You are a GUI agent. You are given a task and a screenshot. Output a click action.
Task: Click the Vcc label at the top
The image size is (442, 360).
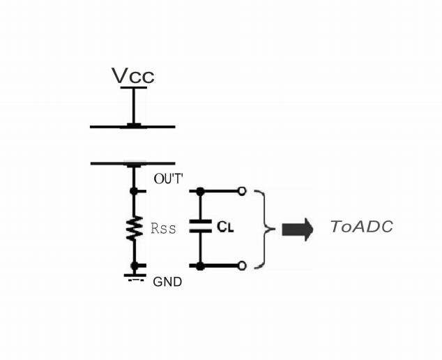(132, 75)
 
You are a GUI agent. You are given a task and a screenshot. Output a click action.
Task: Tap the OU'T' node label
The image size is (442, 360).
(168, 179)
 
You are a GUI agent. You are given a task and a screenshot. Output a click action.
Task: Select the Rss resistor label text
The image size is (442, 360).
(163, 228)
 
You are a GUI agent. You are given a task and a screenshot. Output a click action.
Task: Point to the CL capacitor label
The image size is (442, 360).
(224, 227)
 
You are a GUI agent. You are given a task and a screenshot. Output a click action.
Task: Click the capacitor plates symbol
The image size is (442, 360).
(200, 227)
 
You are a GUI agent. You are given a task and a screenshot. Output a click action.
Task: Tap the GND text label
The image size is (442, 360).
(167, 283)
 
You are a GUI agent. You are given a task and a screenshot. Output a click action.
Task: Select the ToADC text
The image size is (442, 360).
(361, 227)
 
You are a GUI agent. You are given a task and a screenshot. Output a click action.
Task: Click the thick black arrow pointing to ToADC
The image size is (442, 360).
(297, 229)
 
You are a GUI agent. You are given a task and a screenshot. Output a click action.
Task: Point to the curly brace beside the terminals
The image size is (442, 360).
(263, 228)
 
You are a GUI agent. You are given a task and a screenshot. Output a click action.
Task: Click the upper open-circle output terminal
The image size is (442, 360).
(241, 190)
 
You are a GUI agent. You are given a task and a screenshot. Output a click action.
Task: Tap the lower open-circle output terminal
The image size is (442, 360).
(241, 266)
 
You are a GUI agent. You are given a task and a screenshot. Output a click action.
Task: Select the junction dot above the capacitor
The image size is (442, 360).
(200, 190)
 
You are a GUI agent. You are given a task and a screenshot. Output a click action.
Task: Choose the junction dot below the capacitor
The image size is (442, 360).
(200, 266)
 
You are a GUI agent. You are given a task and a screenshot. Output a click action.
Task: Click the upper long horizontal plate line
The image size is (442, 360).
(132, 127)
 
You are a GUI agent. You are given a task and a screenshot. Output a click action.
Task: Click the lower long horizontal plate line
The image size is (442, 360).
(132, 163)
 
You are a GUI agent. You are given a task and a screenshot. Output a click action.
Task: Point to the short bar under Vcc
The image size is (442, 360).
(133, 87)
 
